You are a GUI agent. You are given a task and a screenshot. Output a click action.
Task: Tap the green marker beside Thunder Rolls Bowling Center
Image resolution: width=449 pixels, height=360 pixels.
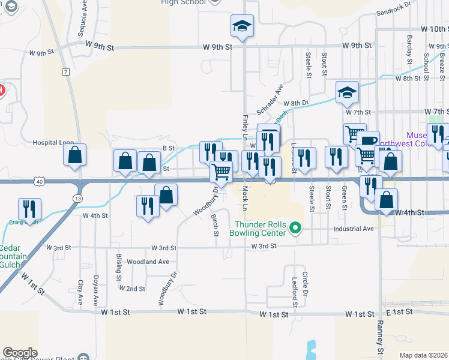[x=295, y=228]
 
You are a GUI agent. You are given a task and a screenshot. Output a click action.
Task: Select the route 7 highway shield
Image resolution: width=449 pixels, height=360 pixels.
[x=65, y=72]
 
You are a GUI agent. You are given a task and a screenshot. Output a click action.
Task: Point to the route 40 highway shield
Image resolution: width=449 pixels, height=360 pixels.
[x=39, y=181]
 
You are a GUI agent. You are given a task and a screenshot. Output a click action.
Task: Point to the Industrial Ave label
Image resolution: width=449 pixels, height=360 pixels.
[x=354, y=229]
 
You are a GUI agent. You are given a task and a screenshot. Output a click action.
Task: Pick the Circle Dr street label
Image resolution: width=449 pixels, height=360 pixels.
[x=305, y=284]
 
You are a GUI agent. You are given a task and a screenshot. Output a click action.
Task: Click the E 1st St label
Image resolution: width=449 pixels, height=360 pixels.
[x=400, y=312]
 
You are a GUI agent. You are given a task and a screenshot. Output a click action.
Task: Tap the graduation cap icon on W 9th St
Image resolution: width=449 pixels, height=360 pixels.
[x=242, y=26]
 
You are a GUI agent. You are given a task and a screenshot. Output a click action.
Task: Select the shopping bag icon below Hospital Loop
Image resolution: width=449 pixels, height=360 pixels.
[x=74, y=155]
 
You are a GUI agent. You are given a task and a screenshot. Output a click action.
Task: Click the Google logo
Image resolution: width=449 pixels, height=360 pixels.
[x=20, y=353]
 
